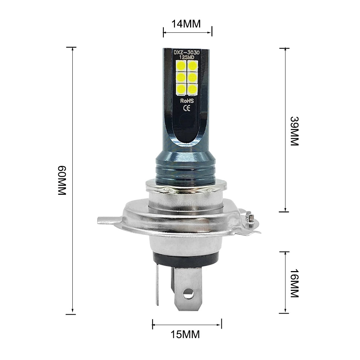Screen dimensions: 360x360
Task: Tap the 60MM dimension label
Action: click(x=62, y=181)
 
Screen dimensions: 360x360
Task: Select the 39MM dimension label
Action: click(x=294, y=131)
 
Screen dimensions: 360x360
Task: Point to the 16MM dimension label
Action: click(x=294, y=283)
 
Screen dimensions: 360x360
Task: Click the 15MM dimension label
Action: click(x=186, y=334)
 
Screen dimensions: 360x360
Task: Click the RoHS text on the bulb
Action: click(x=186, y=101)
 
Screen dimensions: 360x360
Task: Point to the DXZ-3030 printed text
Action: click(x=187, y=53)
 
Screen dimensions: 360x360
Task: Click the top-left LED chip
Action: click(x=181, y=66)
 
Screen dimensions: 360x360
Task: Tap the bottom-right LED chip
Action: click(x=192, y=88)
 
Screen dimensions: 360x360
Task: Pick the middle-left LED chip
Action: click(x=181, y=77)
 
